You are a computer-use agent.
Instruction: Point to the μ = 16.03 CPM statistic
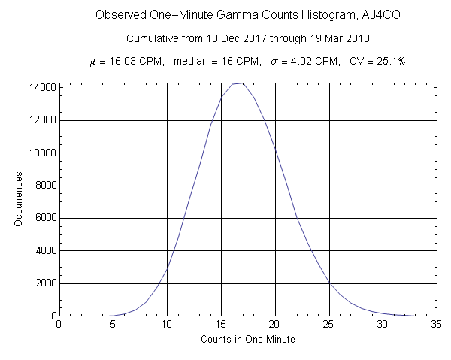point(125,61)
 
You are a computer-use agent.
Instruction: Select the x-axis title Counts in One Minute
point(248,340)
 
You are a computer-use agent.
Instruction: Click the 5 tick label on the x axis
point(113,325)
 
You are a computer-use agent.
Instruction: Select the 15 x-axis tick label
point(221,325)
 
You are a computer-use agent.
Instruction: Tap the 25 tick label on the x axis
point(329,325)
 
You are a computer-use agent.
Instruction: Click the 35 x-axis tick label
point(437,325)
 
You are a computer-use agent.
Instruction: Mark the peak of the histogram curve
point(238,83)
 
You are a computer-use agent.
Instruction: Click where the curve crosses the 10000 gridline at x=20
point(275,153)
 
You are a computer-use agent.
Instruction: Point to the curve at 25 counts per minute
point(329,283)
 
